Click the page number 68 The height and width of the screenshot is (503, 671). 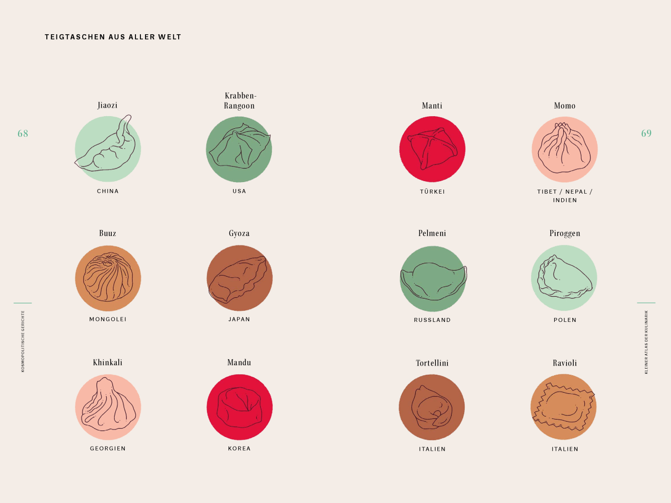click(x=23, y=133)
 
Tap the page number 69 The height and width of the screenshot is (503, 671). click(x=646, y=133)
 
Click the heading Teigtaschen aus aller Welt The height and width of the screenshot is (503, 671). click(x=113, y=37)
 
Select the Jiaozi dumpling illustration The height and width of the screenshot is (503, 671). click(x=107, y=149)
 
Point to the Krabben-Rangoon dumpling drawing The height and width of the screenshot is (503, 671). click(x=239, y=149)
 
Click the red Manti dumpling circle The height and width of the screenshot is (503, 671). click(x=432, y=149)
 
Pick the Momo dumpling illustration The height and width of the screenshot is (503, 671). click(x=565, y=149)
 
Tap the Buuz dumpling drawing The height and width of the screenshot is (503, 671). click(x=108, y=278)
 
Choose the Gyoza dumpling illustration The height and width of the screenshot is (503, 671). click(x=239, y=278)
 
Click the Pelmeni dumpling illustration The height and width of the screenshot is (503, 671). click(x=433, y=279)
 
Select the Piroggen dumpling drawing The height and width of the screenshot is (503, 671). click(x=564, y=278)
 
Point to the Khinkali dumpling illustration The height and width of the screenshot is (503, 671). click(x=108, y=407)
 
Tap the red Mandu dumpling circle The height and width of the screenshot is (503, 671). click(x=240, y=407)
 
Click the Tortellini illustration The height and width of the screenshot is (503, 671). click(x=432, y=407)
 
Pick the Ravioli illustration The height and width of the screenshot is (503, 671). click(x=564, y=407)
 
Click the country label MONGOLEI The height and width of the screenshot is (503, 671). click(x=108, y=319)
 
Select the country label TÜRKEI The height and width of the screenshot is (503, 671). click(x=432, y=192)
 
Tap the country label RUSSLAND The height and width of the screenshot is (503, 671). click(x=432, y=320)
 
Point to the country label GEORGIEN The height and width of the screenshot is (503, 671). click(x=108, y=449)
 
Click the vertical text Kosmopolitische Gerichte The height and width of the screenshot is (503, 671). click(x=23, y=341)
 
